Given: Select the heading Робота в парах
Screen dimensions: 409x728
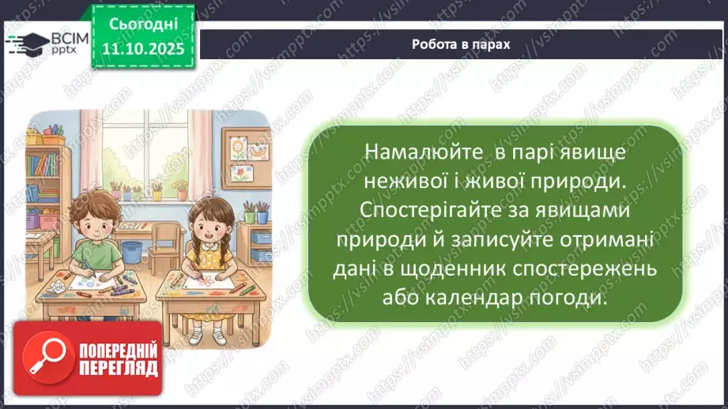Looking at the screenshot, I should tap(461, 44).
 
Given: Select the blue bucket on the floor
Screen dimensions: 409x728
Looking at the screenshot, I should tap(132, 251).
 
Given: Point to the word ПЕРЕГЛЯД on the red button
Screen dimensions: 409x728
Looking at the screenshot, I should tap(119, 368).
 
